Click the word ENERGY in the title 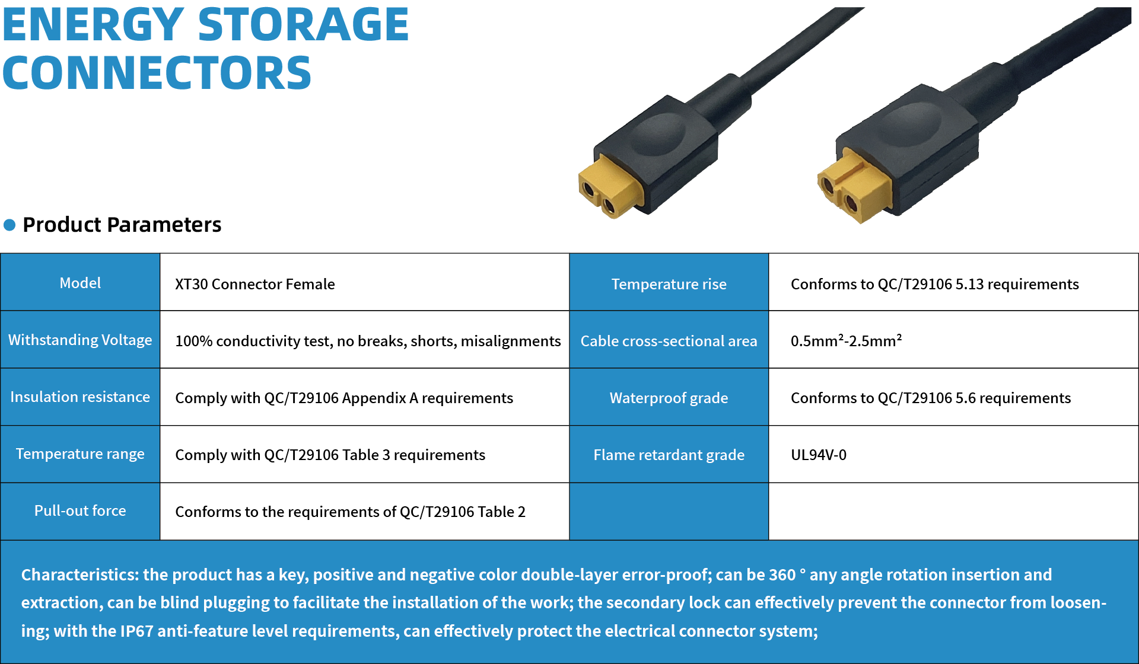coord(93,25)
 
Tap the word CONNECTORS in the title coord(157,73)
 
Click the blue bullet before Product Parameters coord(9,225)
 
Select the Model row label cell coord(80,283)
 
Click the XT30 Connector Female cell coord(254,284)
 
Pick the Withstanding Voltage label coord(80,340)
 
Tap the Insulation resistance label coord(80,397)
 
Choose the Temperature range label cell coord(80,454)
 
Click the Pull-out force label coord(80,510)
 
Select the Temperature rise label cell coord(669,284)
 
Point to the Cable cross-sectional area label coord(669,341)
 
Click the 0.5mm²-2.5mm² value coord(846,341)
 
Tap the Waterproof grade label coord(669,398)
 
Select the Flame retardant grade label coord(669,455)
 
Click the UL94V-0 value coord(819,455)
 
